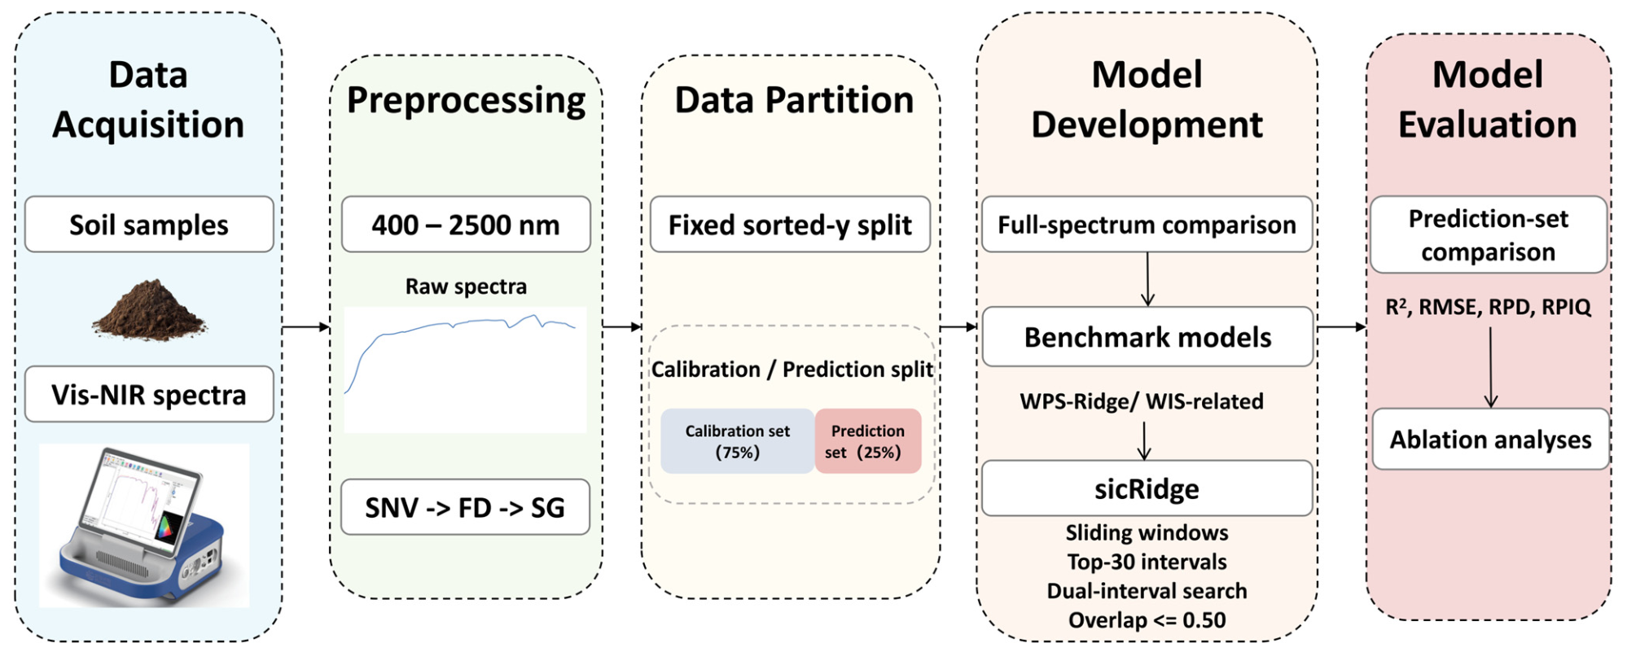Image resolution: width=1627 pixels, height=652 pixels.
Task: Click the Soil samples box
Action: coord(149,224)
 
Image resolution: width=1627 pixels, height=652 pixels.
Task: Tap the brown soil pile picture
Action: coord(149,309)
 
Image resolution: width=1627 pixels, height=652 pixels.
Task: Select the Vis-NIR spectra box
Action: coord(149,394)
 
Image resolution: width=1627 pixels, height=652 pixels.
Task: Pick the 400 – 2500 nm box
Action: coord(466,224)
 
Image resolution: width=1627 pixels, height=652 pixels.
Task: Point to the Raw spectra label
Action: coord(466,287)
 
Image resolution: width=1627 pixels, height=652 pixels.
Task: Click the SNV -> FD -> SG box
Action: coord(465,506)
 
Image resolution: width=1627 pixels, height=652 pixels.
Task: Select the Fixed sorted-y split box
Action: coord(790,224)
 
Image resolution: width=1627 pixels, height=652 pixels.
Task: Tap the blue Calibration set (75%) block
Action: coord(738,441)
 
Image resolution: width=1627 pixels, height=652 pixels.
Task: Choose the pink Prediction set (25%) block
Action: coord(868,441)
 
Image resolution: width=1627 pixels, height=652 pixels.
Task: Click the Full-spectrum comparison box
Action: coord(1147,224)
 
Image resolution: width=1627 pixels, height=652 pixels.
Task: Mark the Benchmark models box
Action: coord(1147,336)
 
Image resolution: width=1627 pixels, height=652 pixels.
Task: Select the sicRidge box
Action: coord(1147,488)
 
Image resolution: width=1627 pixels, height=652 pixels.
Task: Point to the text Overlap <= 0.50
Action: coord(1147,620)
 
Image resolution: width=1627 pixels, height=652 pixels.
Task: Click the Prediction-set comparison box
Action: coord(1489,234)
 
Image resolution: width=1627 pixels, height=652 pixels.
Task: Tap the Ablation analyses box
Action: coord(1490,439)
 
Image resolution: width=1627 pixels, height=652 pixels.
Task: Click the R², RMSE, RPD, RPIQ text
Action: coord(1488,307)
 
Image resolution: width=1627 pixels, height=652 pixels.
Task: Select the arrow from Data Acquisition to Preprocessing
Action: coord(306,327)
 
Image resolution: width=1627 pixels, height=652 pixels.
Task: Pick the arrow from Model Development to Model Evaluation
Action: coord(1341,327)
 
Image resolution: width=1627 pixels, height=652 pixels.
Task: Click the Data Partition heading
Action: coord(794,100)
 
